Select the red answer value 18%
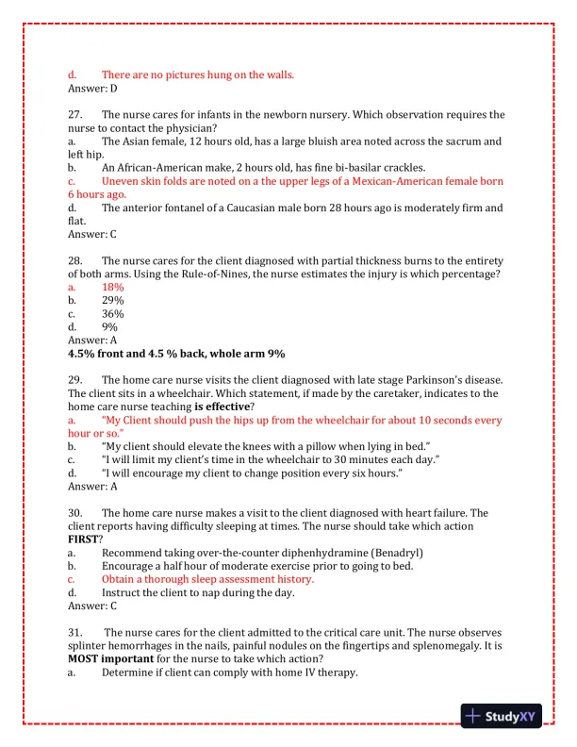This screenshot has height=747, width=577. click(x=112, y=287)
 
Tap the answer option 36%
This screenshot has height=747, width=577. click(x=112, y=313)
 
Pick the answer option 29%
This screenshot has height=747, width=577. click(x=112, y=300)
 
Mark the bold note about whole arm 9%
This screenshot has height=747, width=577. click(x=176, y=353)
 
